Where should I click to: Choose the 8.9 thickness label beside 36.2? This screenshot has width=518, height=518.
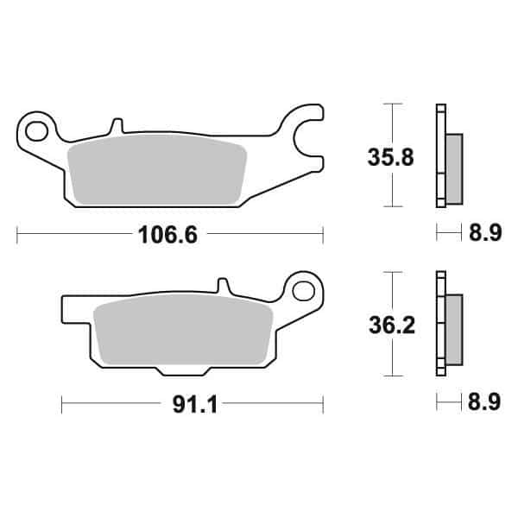point(483,404)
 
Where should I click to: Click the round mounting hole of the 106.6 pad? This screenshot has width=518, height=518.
point(36,131)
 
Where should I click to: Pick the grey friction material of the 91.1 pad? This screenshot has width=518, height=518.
point(181,332)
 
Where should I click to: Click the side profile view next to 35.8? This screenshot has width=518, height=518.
point(447,155)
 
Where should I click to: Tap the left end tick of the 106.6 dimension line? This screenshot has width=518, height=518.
point(18,232)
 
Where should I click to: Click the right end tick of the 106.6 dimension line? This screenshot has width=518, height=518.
point(322,232)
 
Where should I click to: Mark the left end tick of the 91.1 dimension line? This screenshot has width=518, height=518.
point(63,402)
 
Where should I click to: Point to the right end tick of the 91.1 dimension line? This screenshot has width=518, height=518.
point(322,402)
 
